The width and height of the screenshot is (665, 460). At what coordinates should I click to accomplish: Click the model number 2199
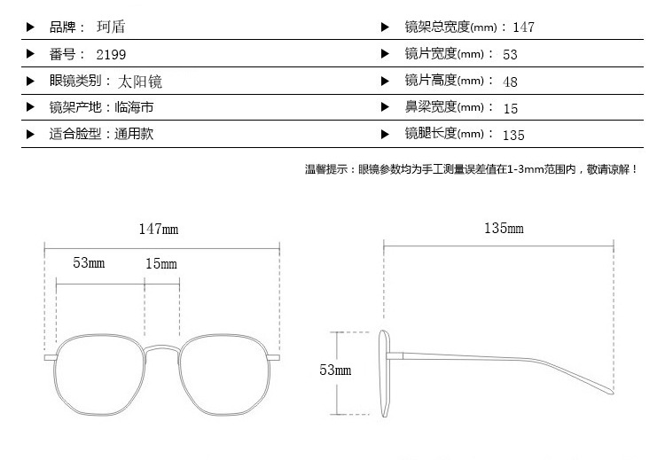(x=111, y=55)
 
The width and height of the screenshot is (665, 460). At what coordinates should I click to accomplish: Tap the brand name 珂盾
(x=111, y=27)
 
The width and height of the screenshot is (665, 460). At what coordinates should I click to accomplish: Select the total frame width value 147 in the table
(x=523, y=27)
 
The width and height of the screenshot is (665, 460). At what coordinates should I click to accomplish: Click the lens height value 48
(x=510, y=82)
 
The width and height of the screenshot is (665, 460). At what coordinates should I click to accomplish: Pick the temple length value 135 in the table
(x=513, y=136)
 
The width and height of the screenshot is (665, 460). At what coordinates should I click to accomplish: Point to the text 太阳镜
(x=140, y=82)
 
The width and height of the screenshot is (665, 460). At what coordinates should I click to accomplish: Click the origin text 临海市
(x=134, y=107)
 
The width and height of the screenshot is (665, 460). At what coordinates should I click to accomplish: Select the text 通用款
(x=134, y=134)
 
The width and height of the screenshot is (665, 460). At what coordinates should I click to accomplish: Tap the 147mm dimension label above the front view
(x=159, y=230)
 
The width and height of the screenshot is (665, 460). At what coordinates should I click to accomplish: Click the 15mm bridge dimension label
(x=161, y=264)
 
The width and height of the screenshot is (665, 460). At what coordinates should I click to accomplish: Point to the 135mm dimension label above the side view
(x=504, y=229)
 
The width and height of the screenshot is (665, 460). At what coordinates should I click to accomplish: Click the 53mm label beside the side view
(x=335, y=370)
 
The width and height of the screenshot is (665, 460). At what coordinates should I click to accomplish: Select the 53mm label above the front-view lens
(x=89, y=263)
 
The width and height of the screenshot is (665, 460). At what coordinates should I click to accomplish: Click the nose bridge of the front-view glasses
(x=162, y=348)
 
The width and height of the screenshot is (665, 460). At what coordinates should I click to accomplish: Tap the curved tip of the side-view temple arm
(x=611, y=392)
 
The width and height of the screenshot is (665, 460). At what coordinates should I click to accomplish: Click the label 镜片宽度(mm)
(x=444, y=54)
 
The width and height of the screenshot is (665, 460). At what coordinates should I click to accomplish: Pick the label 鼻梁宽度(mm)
(x=444, y=107)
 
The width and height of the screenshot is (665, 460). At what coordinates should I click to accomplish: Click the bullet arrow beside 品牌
(x=30, y=27)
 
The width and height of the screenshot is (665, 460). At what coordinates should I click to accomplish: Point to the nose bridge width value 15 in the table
(x=511, y=109)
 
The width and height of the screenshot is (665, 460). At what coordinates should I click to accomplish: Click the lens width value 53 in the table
(x=510, y=55)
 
